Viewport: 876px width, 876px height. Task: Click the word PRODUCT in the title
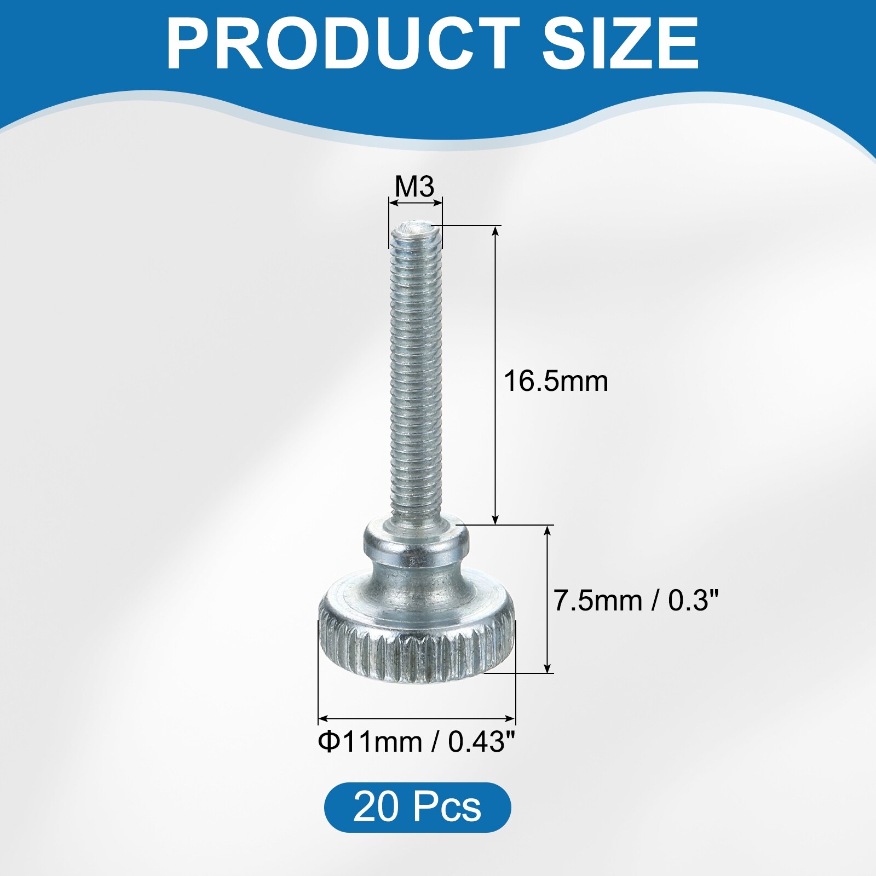[343, 43]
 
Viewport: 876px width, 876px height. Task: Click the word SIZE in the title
[620, 43]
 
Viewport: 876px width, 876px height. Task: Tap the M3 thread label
[414, 187]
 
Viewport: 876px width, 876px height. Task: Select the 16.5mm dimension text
[556, 381]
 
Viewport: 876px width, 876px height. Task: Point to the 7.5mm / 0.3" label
[635, 601]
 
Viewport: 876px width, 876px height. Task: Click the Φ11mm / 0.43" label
[417, 742]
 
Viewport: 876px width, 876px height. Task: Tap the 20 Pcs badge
[417, 806]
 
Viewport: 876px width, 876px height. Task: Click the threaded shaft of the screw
[416, 372]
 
